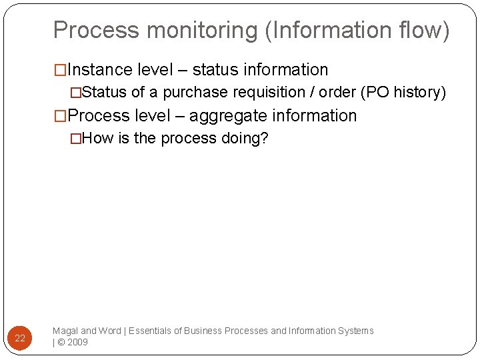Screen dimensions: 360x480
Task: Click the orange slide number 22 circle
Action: pos(20,338)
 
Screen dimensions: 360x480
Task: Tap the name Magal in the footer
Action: pos(65,331)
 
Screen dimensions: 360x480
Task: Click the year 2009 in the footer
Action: pos(77,343)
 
